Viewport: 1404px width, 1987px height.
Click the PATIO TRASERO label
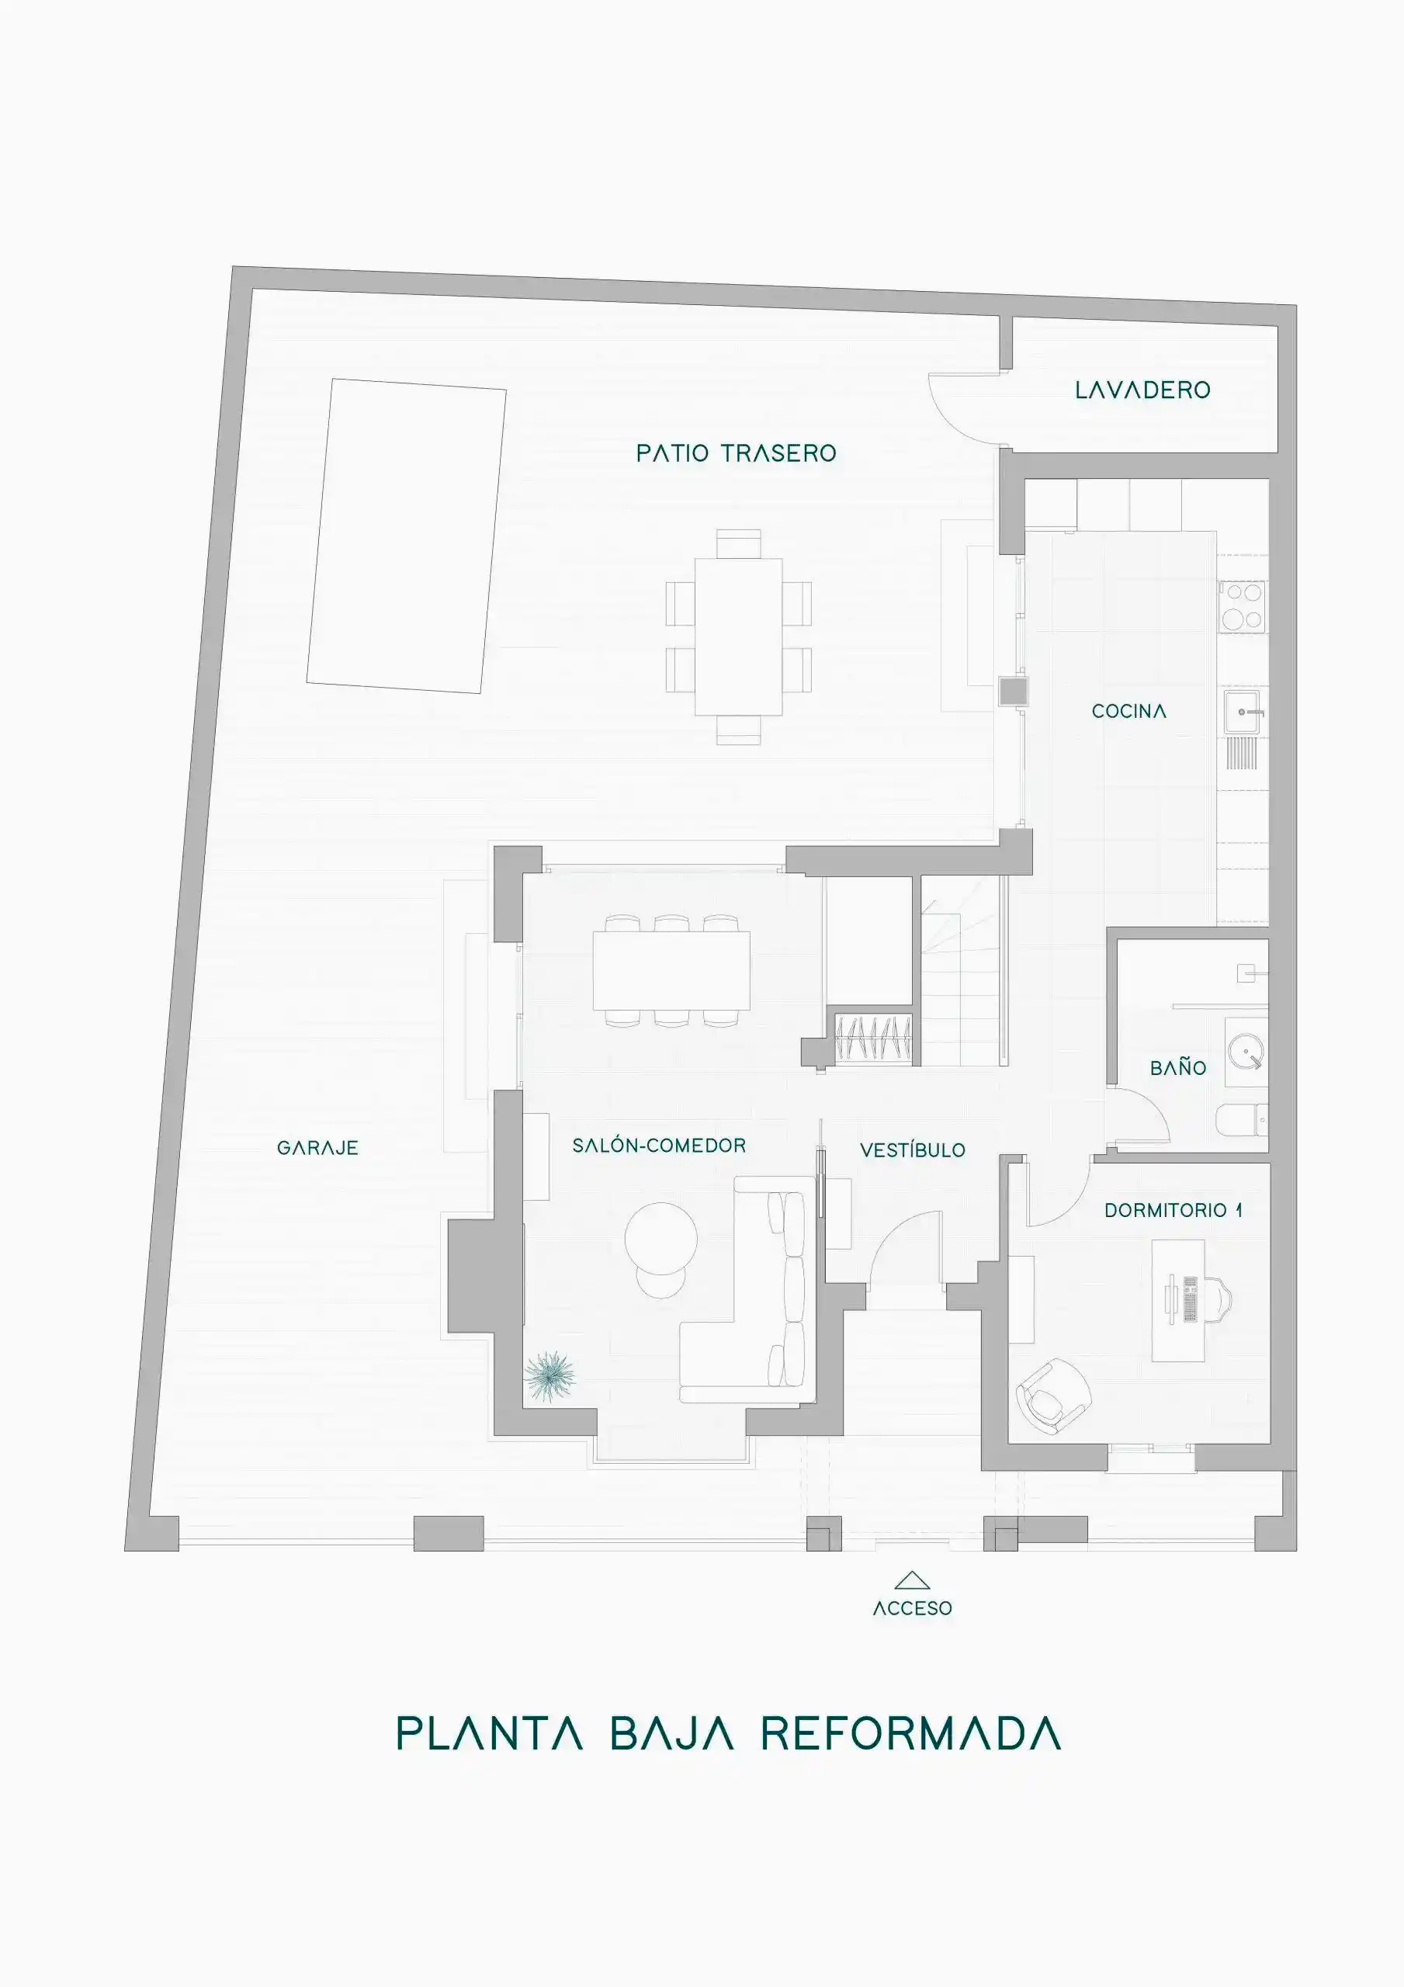click(x=736, y=453)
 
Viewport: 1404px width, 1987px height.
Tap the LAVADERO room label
click(x=1142, y=390)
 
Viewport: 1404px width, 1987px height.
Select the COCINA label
click(x=1128, y=712)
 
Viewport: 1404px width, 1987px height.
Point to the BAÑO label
click(x=1178, y=1067)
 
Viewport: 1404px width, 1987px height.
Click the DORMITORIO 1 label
click(x=1173, y=1210)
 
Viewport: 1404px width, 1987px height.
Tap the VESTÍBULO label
click(x=913, y=1150)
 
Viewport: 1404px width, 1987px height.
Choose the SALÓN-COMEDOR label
click(x=659, y=1145)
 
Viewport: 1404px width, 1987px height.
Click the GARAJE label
click(x=317, y=1149)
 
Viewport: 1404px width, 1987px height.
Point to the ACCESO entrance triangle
click(x=911, y=1581)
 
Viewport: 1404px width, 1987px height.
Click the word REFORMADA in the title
click(x=910, y=1734)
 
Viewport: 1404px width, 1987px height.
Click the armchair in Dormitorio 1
click(x=1052, y=1395)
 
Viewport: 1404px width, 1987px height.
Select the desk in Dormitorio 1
click(x=1179, y=1300)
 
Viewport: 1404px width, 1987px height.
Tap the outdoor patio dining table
click(x=738, y=636)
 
